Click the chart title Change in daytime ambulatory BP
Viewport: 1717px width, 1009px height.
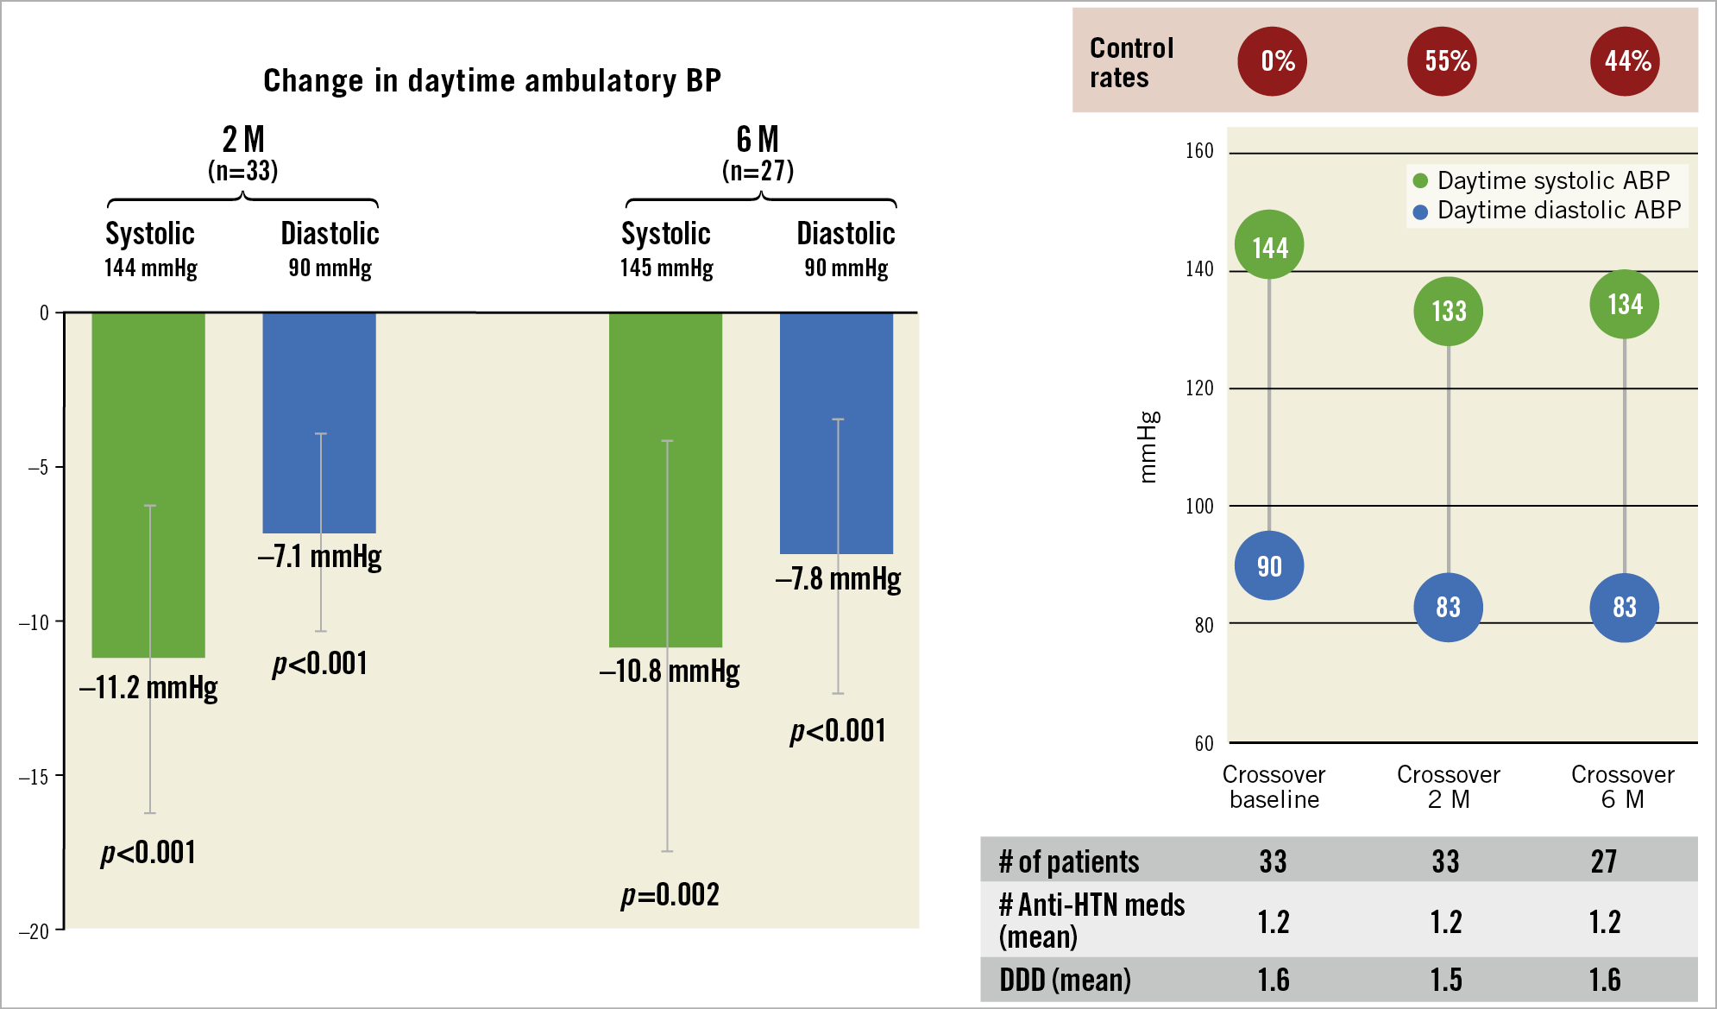point(492,80)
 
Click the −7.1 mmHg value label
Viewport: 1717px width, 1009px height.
point(319,557)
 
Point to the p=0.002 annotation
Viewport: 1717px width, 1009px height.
point(670,895)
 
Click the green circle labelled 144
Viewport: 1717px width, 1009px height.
point(1269,247)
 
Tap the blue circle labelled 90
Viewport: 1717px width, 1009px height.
point(1269,566)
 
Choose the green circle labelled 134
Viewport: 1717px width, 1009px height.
point(1625,304)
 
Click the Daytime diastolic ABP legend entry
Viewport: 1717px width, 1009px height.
point(1548,211)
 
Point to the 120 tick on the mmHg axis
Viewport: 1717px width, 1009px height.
point(1199,388)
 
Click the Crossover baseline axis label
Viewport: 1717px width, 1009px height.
point(1274,786)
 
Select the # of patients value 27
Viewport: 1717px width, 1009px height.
point(1604,861)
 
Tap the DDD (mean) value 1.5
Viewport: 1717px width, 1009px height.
point(1446,980)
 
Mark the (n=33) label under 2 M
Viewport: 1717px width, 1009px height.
point(242,171)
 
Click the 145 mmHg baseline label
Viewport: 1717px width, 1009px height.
point(666,268)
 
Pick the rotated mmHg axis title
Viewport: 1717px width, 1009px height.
point(1148,446)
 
